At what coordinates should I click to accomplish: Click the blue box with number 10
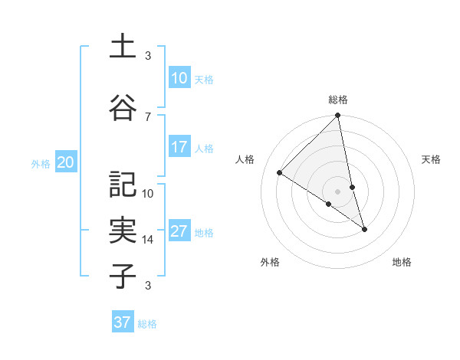(x=179, y=78)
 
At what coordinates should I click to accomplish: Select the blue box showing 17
(x=179, y=147)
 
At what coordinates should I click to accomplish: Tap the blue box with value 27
(x=179, y=231)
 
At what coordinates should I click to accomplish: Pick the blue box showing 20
(x=66, y=162)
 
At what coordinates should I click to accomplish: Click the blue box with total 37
(x=122, y=322)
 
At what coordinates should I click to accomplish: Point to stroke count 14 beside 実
(x=148, y=240)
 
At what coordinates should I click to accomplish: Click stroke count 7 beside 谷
(x=148, y=116)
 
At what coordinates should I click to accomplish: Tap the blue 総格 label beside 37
(x=147, y=324)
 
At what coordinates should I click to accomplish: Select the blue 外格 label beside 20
(x=41, y=163)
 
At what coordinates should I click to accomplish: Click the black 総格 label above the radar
(x=338, y=100)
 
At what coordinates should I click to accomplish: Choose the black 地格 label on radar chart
(x=402, y=262)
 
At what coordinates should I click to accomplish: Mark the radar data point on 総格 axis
(x=338, y=116)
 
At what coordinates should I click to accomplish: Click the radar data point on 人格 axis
(x=280, y=173)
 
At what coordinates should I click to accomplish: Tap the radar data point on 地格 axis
(x=364, y=229)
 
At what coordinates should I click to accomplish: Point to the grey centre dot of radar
(x=338, y=191)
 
